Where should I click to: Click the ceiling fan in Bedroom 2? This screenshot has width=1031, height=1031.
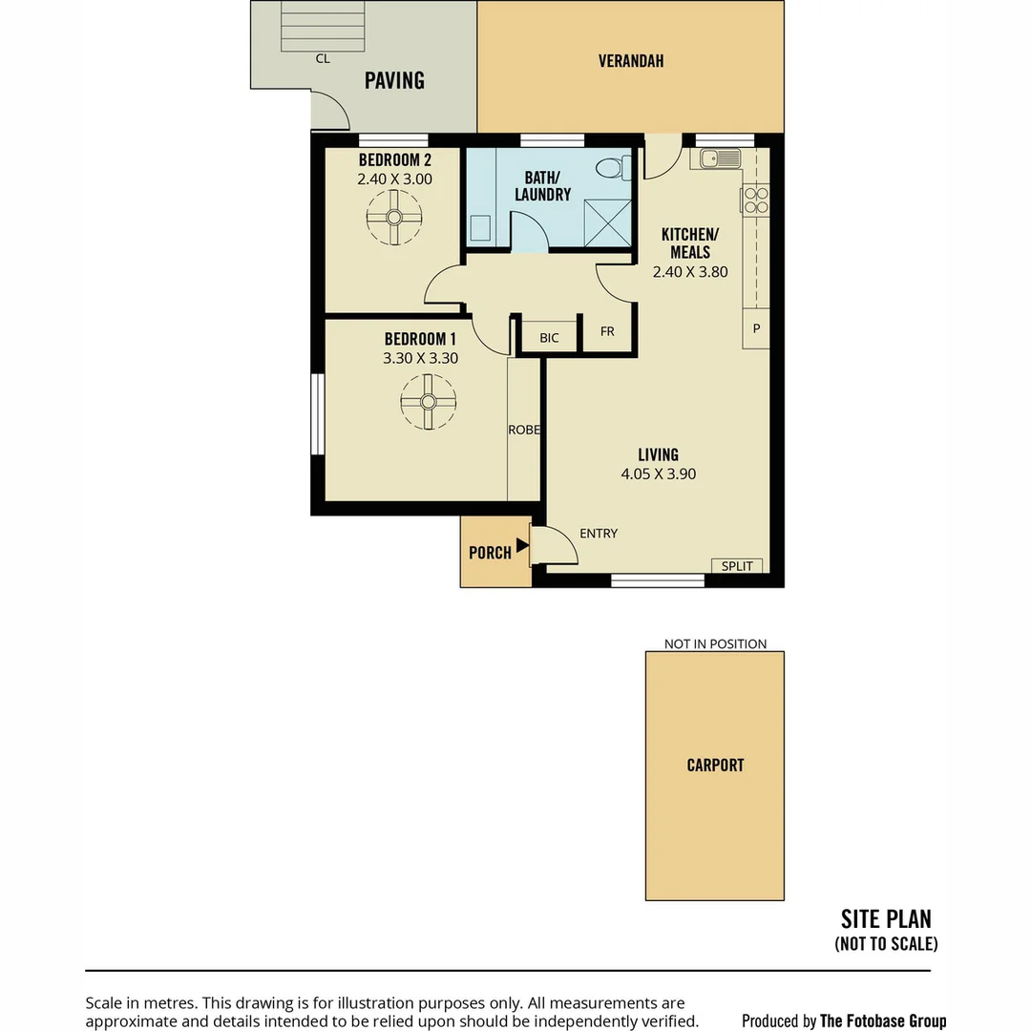pyautogui.click(x=393, y=218)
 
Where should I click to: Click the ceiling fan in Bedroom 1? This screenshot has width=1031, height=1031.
pyautogui.click(x=428, y=401)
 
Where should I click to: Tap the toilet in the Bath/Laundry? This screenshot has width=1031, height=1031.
pyautogui.click(x=609, y=169)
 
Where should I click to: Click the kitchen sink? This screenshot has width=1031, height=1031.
pyautogui.click(x=721, y=158)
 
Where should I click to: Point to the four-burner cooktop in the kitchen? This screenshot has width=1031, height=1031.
pyautogui.click(x=755, y=200)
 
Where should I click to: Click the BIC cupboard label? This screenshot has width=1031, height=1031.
pyautogui.click(x=549, y=338)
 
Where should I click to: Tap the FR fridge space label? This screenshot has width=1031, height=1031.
pyautogui.click(x=607, y=332)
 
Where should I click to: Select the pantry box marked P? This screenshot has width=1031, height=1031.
pyautogui.click(x=756, y=328)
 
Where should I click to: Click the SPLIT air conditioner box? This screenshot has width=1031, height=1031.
pyautogui.click(x=737, y=566)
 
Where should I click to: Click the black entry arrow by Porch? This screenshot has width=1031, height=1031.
pyautogui.click(x=522, y=546)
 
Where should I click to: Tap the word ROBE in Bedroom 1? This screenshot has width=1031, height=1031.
pyautogui.click(x=524, y=431)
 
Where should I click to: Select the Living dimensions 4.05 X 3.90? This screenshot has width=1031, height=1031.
pyautogui.click(x=658, y=474)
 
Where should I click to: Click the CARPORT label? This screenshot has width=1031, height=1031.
pyautogui.click(x=715, y=766)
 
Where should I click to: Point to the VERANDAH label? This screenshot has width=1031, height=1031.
pyautogui.click(x=631, y=61)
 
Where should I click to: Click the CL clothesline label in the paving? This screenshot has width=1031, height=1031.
pyautogui.click(x=323, y=59)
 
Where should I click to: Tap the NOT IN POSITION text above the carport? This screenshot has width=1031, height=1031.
pyautogui.click(x=715, y=644)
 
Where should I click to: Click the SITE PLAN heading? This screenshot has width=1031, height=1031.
pyautogui.click(x=886, y=919)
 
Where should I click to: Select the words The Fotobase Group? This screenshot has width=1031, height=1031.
pyautogui.click(x=883, y=1021)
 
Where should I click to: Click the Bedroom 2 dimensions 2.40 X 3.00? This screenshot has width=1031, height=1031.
pyautogui.click(x=394, y=179)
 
